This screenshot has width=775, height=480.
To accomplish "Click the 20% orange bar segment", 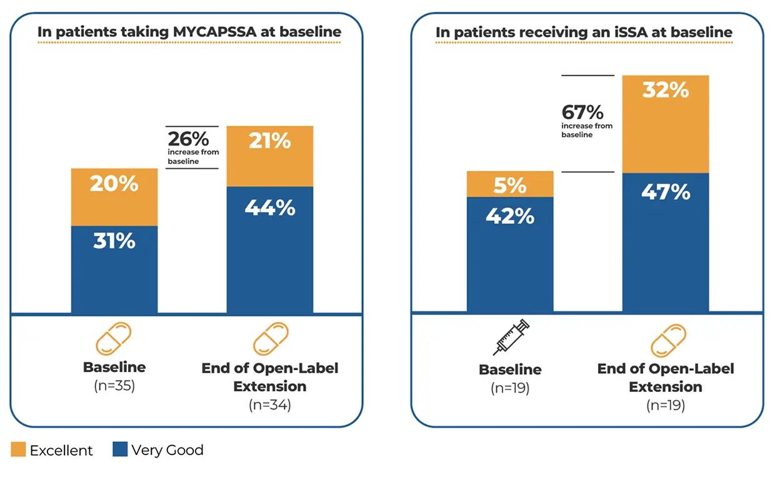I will [x=114, y=197].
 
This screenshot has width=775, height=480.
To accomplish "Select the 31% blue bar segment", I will [x=114, y=269].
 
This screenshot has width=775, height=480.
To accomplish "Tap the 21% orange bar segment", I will [x=270, y=156].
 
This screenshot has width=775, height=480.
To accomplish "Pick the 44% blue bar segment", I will [x=270, y=250].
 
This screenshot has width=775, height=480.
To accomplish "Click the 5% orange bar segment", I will [x=510, y=184].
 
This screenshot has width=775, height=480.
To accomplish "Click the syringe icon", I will [x=511, y=338].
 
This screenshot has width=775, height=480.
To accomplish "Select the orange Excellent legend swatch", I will [x=18, y=449].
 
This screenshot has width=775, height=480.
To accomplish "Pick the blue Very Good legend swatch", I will [x=120, y=449].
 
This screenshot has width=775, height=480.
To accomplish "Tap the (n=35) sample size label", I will [x=114, y=386].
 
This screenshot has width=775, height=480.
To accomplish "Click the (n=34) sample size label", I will [x=270, y=405].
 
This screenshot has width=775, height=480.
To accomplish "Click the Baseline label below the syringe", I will [x=510, y=370].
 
